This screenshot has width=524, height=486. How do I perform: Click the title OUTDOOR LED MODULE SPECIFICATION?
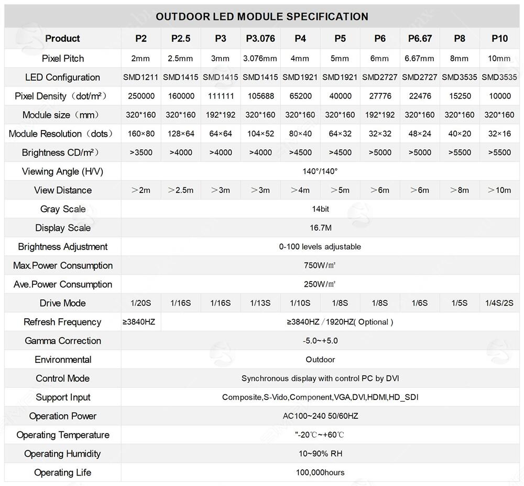pos(262,16)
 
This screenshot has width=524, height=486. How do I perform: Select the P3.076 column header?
pos(260,38)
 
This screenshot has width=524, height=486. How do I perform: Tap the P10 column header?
pos(499,38)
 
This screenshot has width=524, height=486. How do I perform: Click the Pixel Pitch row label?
pos(63,58)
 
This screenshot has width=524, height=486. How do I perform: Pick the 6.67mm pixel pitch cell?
pos(420,58)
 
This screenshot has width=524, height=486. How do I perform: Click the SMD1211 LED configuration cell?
pos(141,77)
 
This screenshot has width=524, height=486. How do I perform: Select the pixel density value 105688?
pos(260,96)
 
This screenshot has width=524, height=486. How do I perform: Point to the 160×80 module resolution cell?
pos(141,134)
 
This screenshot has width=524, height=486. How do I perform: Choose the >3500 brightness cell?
pos(141,153)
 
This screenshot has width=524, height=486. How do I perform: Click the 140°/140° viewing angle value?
pos(320,171)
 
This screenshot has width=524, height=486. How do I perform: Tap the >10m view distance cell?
pos(499,190)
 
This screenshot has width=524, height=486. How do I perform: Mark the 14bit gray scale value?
pos(320,209)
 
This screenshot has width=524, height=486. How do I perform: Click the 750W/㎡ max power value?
pos(320,265)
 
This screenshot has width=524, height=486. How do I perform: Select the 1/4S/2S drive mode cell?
pos(499,303)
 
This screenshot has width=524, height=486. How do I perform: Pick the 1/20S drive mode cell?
pos(141,303)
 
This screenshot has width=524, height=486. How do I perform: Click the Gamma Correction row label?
pos(63,341)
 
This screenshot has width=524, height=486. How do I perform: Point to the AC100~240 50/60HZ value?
pos(320,416)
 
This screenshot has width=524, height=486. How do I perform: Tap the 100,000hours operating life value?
pos(320,472)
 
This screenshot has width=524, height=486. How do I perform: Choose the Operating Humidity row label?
pos(63,453)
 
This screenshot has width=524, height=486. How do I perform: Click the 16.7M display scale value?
pos(320,228)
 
